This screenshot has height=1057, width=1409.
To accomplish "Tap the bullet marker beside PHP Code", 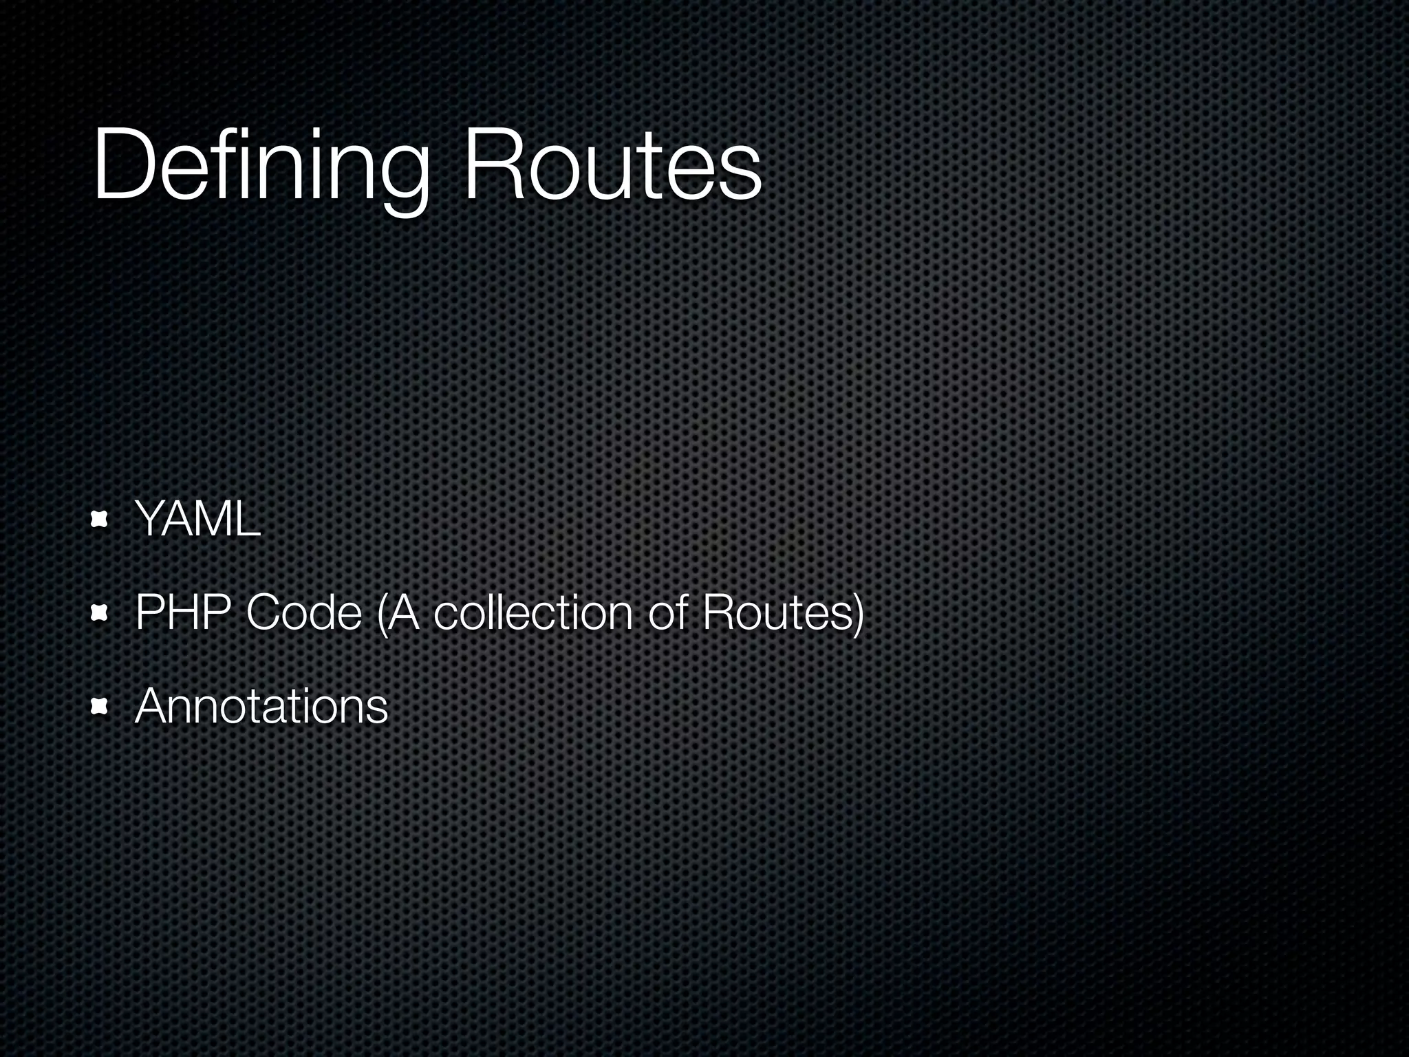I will tap(100, 612).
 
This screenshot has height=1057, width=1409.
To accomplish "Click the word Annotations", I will tap(261, 706).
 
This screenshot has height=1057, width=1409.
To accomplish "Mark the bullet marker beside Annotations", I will tap(100, 707).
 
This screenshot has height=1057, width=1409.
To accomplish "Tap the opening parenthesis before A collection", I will tap(381, 613).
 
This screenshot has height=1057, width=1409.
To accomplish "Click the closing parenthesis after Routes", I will tap(857, 613).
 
